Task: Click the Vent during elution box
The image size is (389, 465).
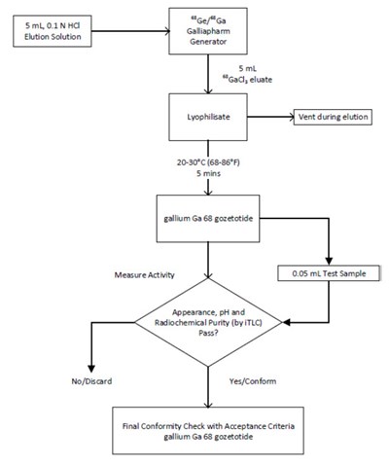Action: tap(336, 115)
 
